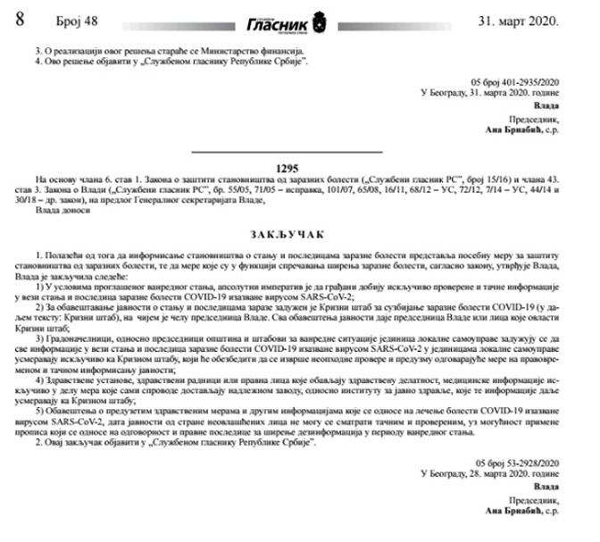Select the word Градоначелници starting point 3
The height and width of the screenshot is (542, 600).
pos(86,338)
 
